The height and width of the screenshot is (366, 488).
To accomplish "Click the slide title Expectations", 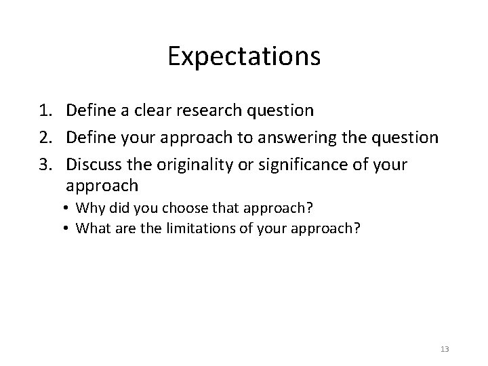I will tap(244, 57).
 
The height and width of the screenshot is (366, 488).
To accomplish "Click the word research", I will tap(210, 110).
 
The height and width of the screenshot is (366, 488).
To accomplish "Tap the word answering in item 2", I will tap(296, 138).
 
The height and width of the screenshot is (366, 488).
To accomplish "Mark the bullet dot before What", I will tap(69, 228).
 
